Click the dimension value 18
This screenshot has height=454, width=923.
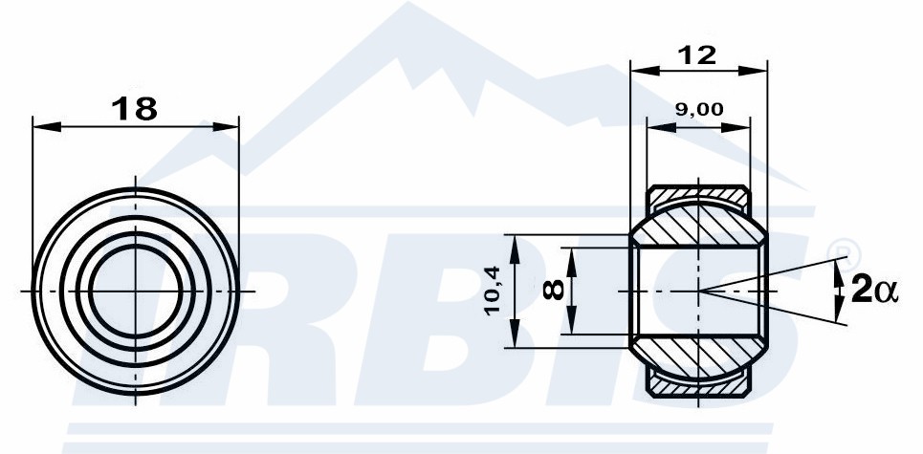point(134,109)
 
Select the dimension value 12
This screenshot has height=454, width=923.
point(697,55)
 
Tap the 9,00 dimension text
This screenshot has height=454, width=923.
point(699,109)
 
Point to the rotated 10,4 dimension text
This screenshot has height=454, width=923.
point(493,291)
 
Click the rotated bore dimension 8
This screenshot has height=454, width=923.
point(554,290)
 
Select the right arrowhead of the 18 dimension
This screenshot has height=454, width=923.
point(226,126)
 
